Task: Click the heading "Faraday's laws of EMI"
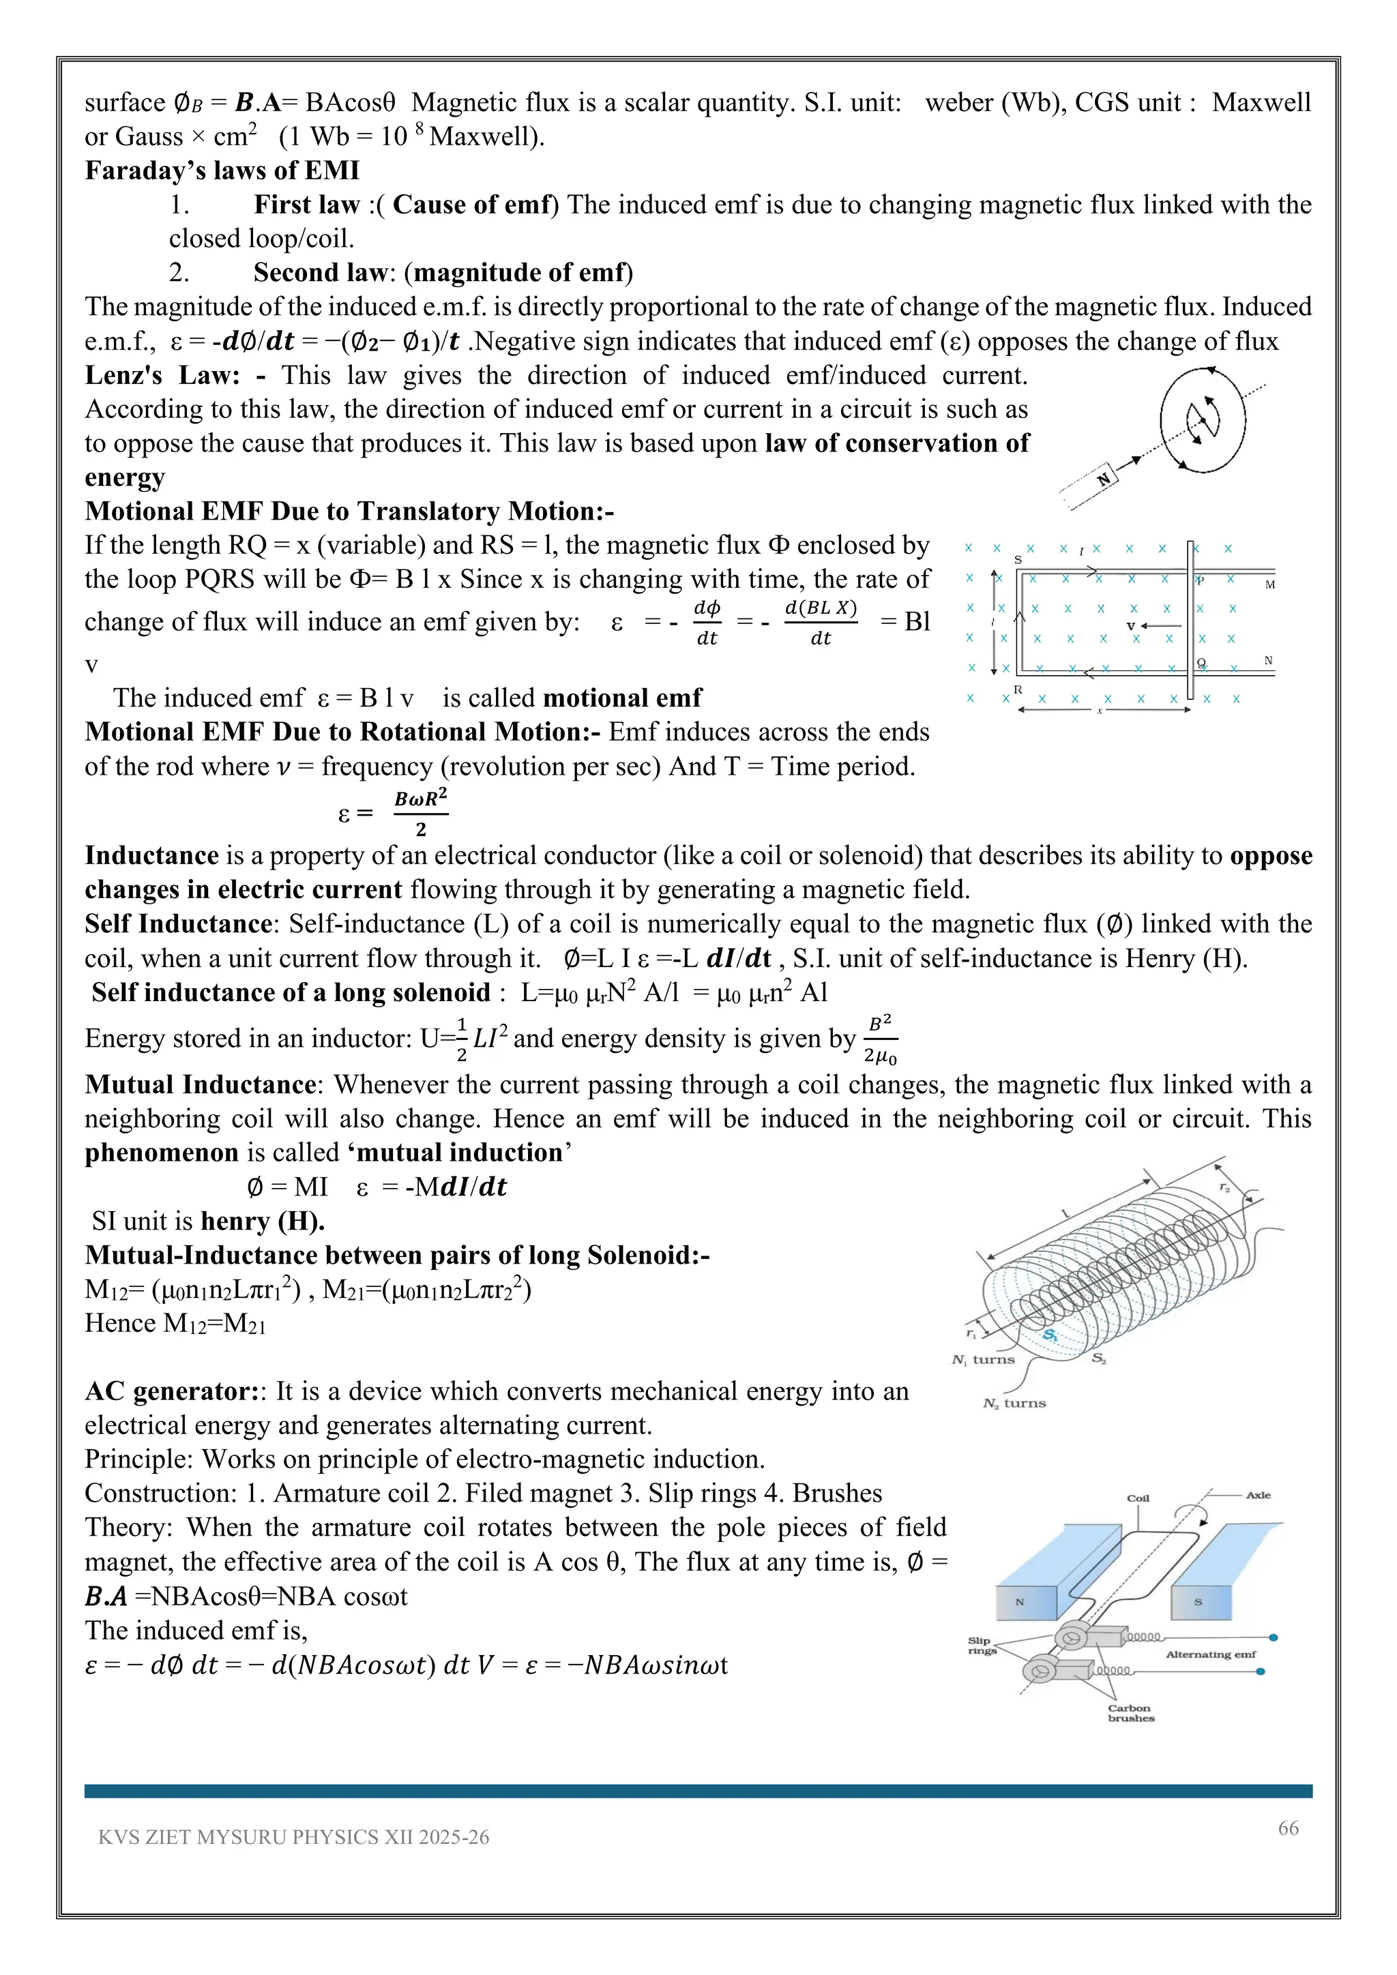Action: tap(222, 170)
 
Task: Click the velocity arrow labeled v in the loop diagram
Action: tap(1149, 626)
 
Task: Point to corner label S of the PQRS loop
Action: tap(1018, 560)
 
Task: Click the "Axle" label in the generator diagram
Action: tap(1258, 1495)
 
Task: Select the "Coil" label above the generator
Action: tap(1138, 1498)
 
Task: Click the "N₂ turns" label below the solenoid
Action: tap(1014, 1403)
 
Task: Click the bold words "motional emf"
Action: tap(623, 698)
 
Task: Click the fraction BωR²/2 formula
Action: tap(421, 812)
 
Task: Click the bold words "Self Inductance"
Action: tap(178, 924)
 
